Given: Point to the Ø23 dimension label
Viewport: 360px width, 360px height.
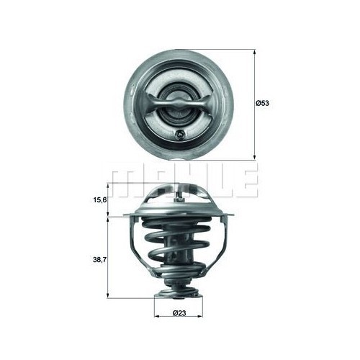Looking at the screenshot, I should click(x=180, y=312).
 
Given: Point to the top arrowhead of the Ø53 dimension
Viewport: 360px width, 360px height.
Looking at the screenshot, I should click(x=254, y=53).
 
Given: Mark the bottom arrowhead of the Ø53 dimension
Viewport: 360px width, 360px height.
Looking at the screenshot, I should click(x=254, y=156).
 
